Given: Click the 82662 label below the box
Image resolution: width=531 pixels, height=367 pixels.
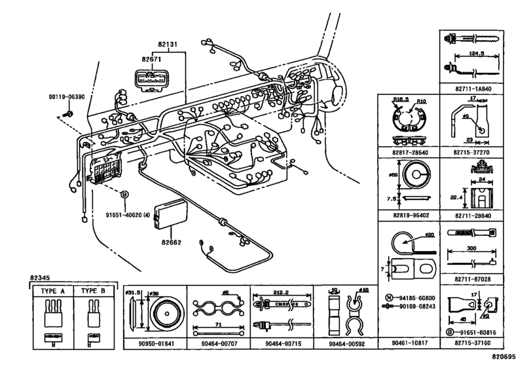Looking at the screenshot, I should [x=172, y=242].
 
